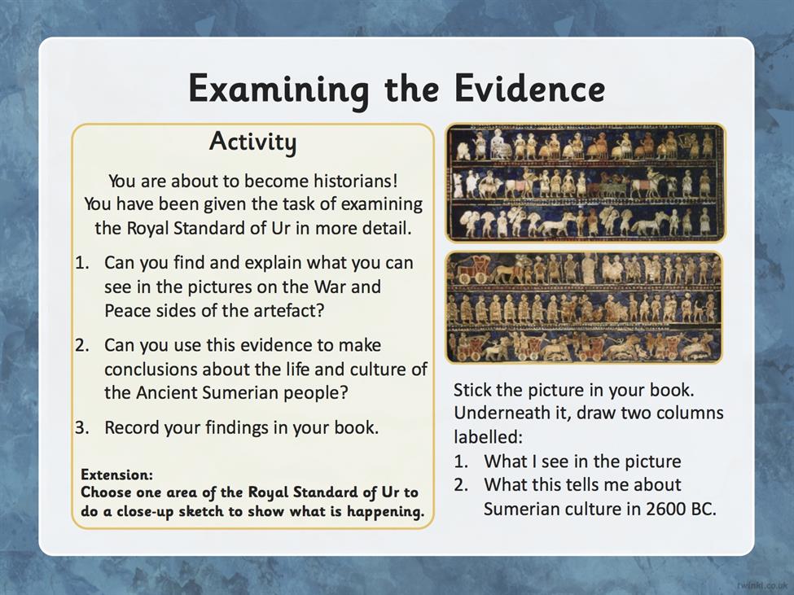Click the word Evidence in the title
coord(529,88)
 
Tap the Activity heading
coord(252,141)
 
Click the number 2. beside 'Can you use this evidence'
coord(82,345)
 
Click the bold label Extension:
coord(117,475)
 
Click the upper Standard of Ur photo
coord(586,182)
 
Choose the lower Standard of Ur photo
coord(584,307)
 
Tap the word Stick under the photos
coord(473,390)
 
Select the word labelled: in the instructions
coord(488,436)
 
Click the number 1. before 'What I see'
coord(461,462)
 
